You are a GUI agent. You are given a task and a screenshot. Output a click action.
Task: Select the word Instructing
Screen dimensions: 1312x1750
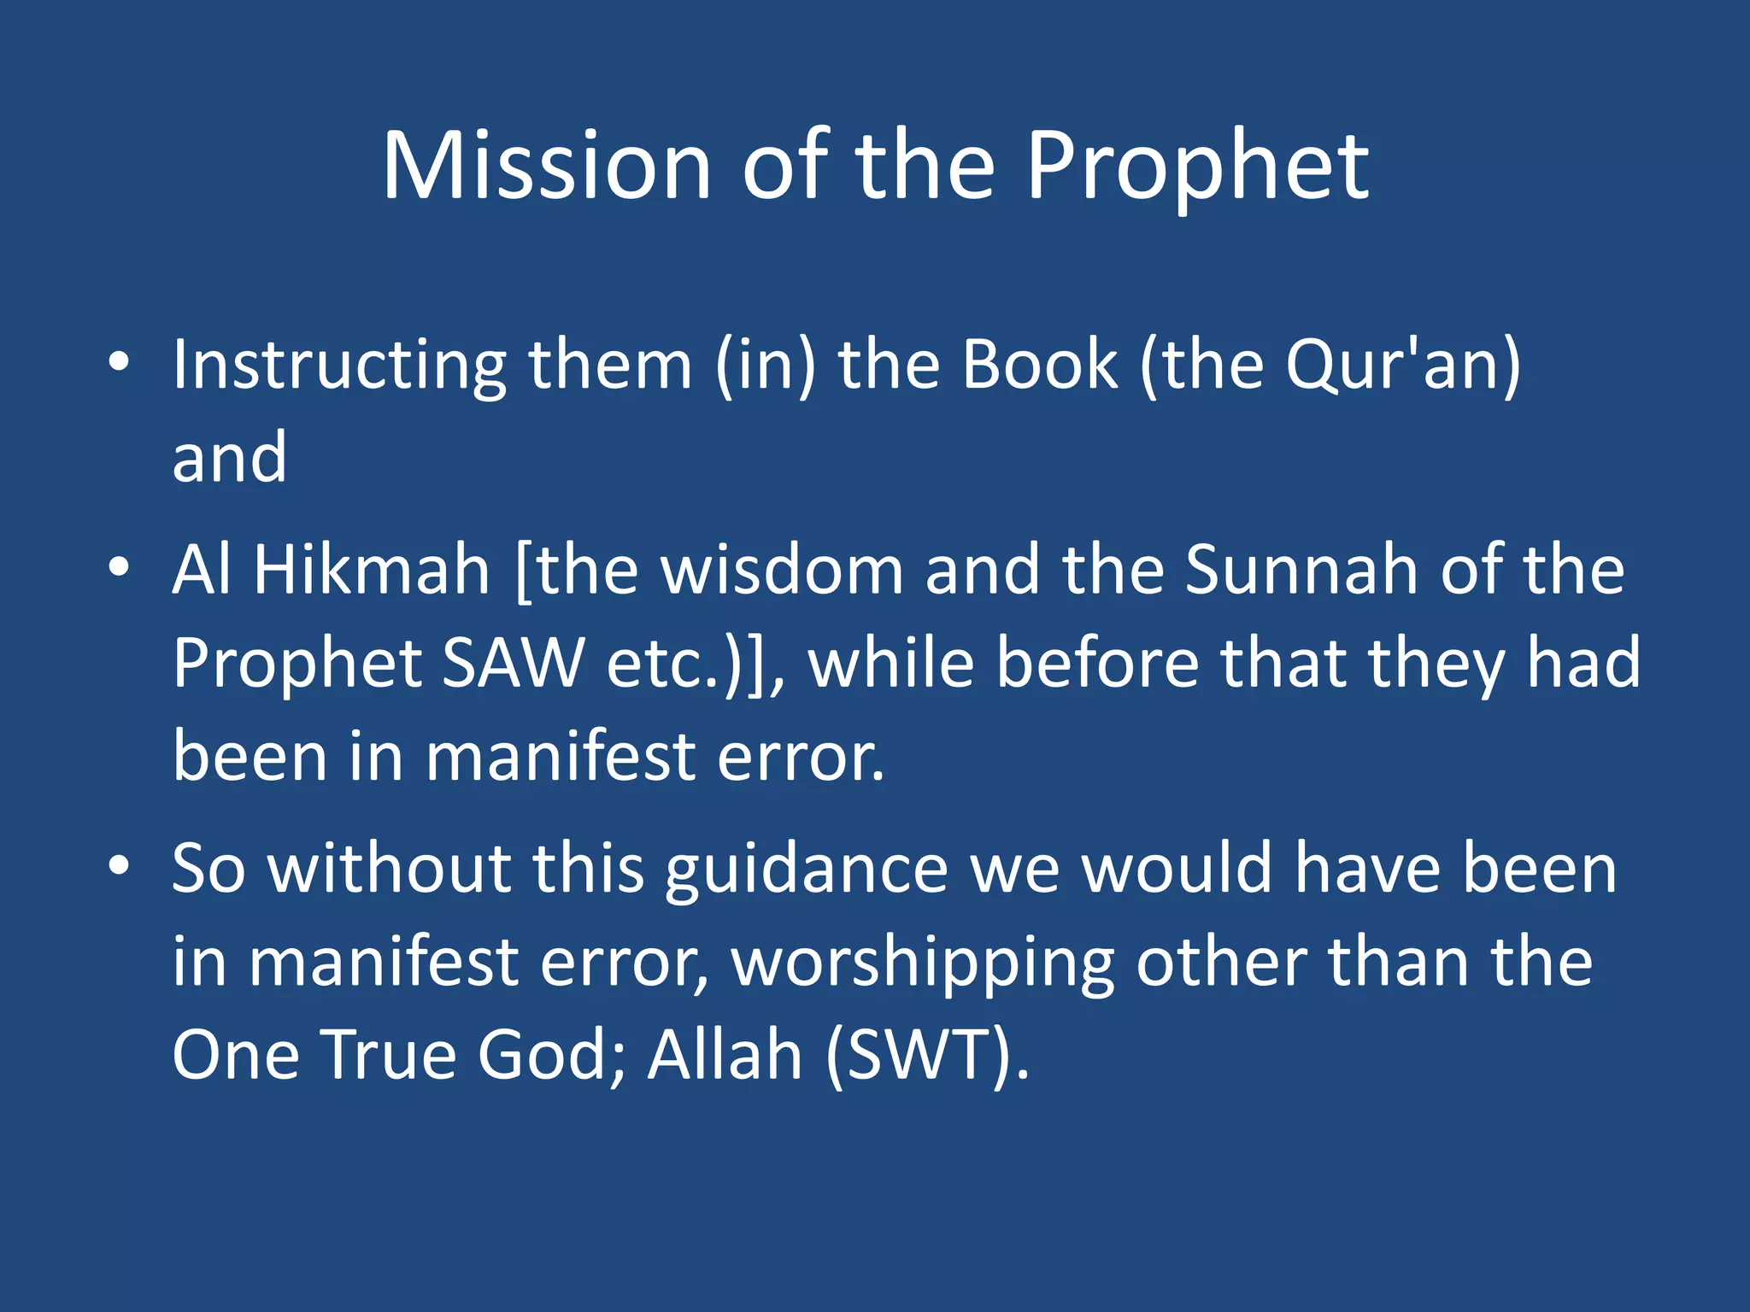point(339,366)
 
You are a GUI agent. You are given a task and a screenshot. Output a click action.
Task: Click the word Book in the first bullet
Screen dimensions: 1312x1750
point(1038,366)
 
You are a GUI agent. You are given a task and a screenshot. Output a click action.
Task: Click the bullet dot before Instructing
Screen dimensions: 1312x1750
point(119,361)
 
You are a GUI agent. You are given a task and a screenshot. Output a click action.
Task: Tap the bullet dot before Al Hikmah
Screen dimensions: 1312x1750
point(119,566)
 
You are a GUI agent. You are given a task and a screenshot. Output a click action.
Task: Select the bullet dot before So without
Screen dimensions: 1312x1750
point(119,864)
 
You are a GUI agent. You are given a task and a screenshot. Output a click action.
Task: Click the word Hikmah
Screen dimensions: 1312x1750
point(372,570)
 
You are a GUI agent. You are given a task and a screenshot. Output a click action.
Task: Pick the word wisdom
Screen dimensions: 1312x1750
point(783,570)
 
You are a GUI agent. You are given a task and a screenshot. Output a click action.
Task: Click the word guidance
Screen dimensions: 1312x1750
point(807,870)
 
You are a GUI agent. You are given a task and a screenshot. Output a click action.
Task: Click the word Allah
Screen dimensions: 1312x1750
point(725,1055)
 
